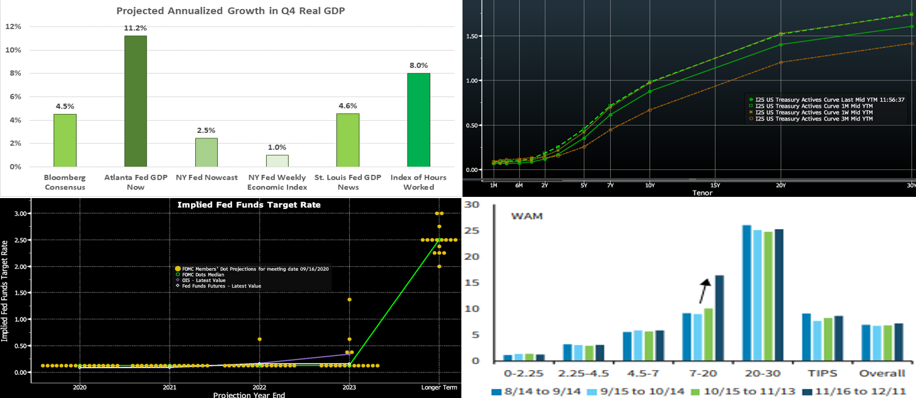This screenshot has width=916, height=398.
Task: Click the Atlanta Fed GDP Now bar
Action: pos(135,101)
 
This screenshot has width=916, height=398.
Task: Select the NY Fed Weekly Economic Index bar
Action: pos(277,160)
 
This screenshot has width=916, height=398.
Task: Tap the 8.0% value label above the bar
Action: pos(419,65)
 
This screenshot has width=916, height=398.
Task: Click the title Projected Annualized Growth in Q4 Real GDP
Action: pos(227,11)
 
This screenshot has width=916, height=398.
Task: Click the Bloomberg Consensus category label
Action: pos(65,182)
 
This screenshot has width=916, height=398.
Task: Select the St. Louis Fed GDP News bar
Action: pos(348,140)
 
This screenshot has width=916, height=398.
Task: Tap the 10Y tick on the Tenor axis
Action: pos(650,185)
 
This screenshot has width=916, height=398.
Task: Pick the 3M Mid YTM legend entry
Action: pos(815,119)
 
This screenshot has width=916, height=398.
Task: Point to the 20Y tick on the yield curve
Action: pos(780,185)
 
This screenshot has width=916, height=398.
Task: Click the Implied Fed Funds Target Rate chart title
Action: pos(248,205)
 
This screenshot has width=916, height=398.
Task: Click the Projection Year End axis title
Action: pos(248,394)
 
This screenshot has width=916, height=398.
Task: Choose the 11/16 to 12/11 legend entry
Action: pos(858,391)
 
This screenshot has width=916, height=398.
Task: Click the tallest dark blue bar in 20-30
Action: pos(746,293)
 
